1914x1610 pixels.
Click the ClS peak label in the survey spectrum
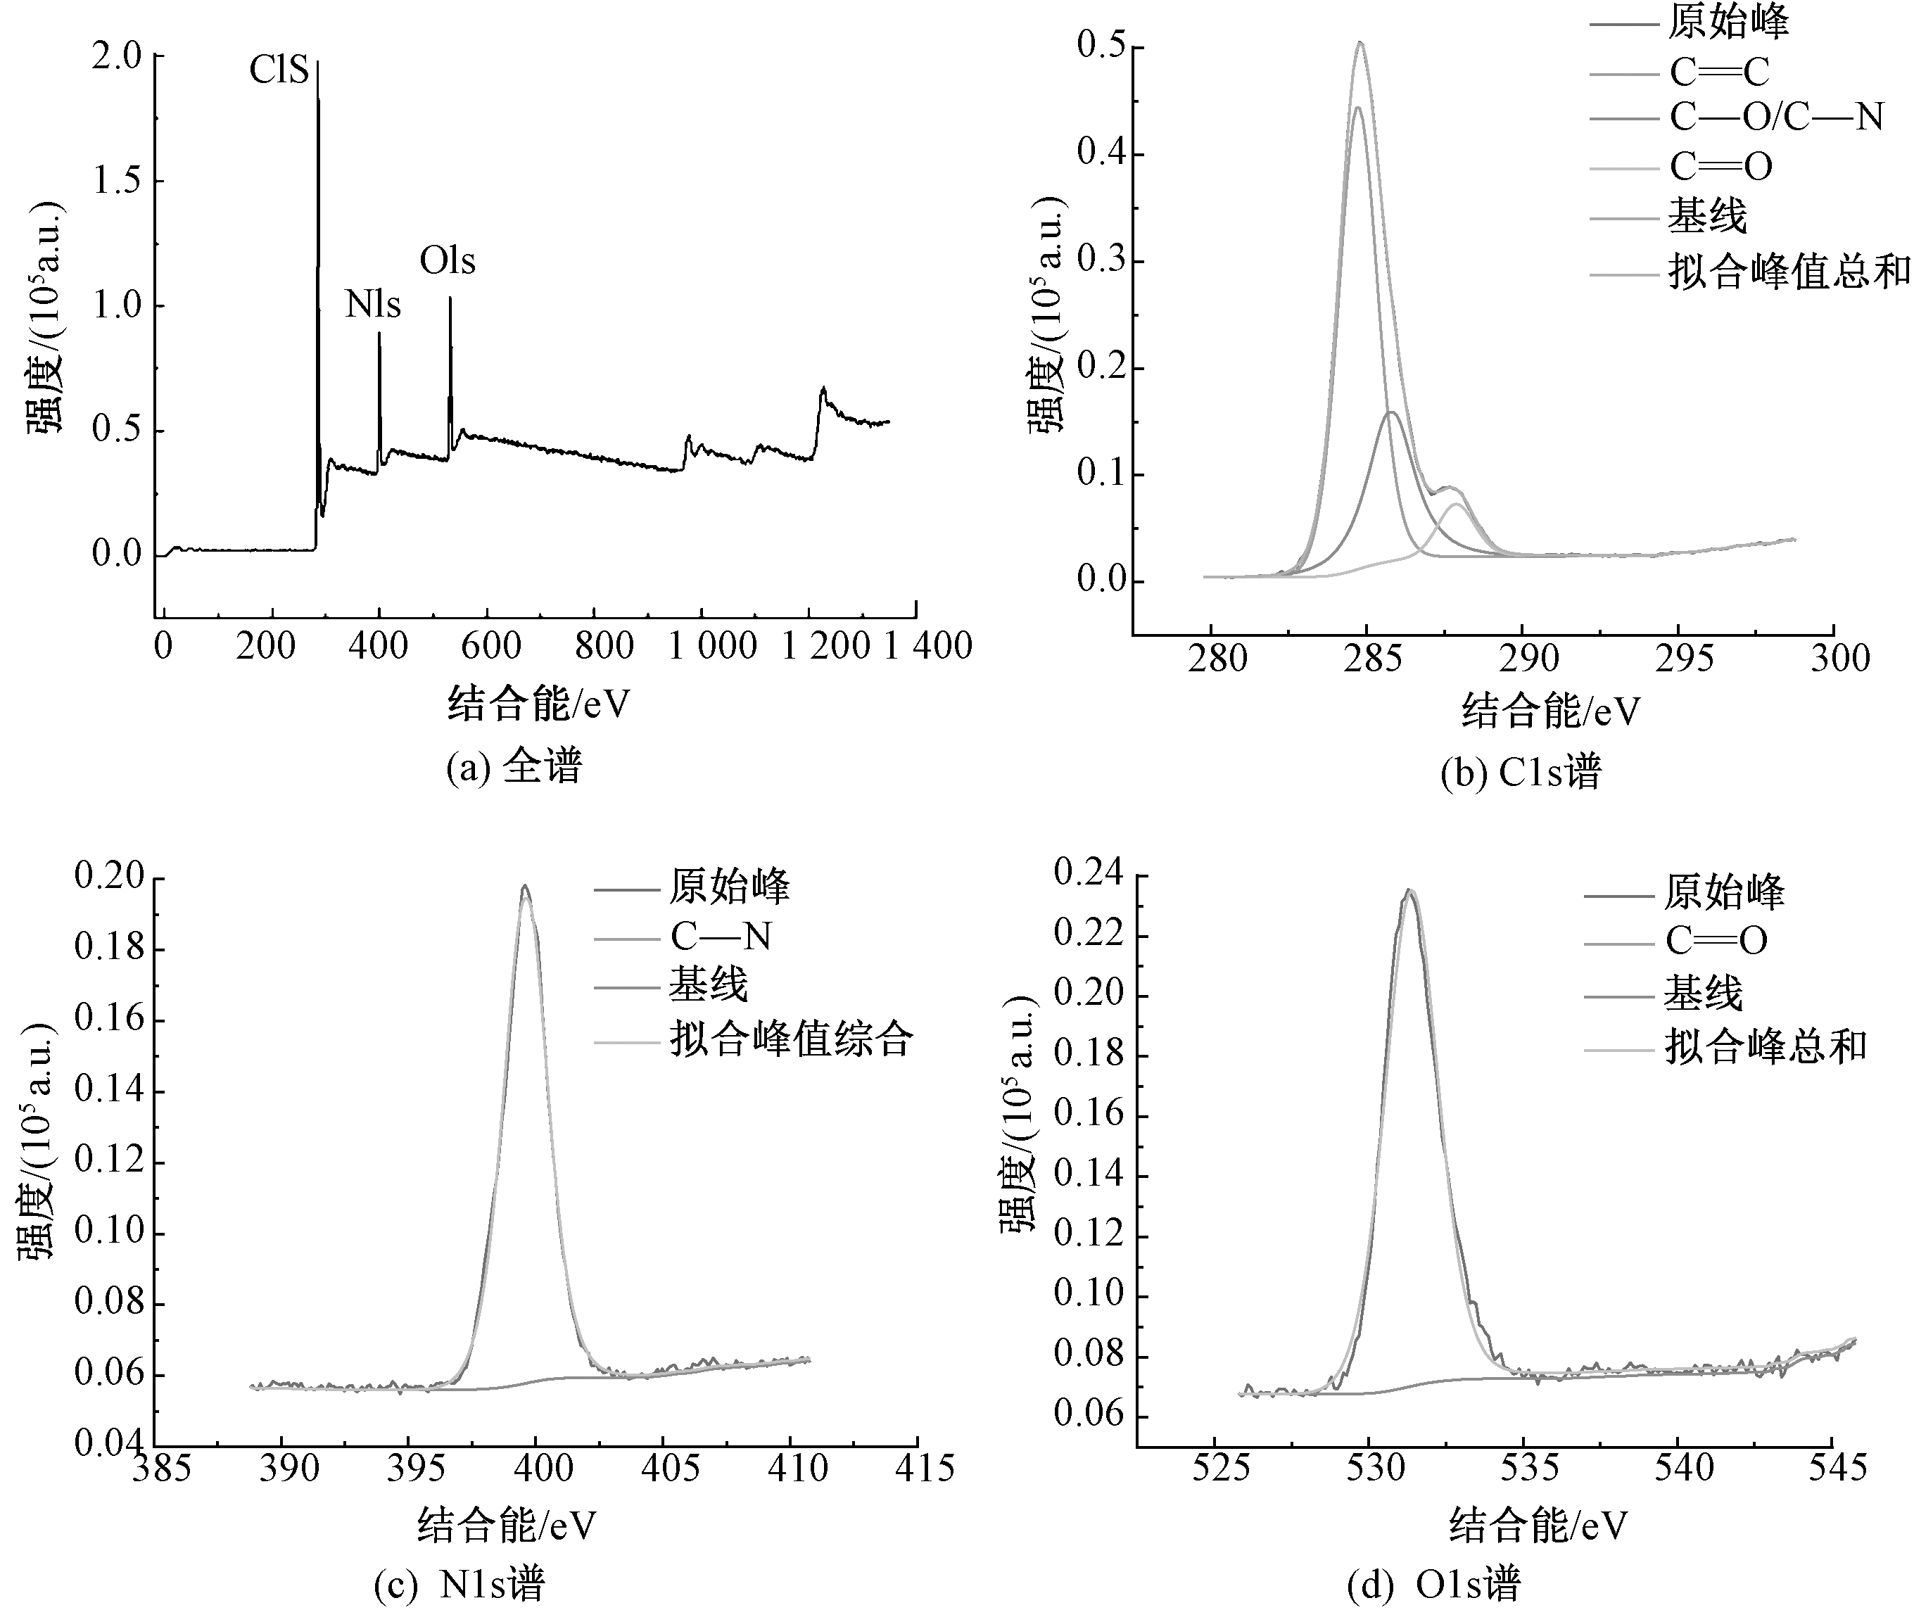pos(279,70)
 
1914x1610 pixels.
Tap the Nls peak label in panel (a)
pos(372,305)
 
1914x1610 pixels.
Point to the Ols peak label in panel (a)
pos(448,261)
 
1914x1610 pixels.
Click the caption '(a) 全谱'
pos(514,767)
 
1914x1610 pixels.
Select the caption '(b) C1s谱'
pos(1521,772)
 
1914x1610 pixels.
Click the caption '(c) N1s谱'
pos(459,1585)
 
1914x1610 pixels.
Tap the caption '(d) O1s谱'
pos(1435,1585)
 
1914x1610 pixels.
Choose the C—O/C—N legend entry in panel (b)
pos(1776,117)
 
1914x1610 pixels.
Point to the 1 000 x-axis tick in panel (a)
pos(713,646)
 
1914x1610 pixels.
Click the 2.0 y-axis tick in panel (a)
pos(117,56)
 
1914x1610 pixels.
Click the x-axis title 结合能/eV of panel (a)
pos(538,704)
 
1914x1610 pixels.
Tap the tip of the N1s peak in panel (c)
pos(525,885)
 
